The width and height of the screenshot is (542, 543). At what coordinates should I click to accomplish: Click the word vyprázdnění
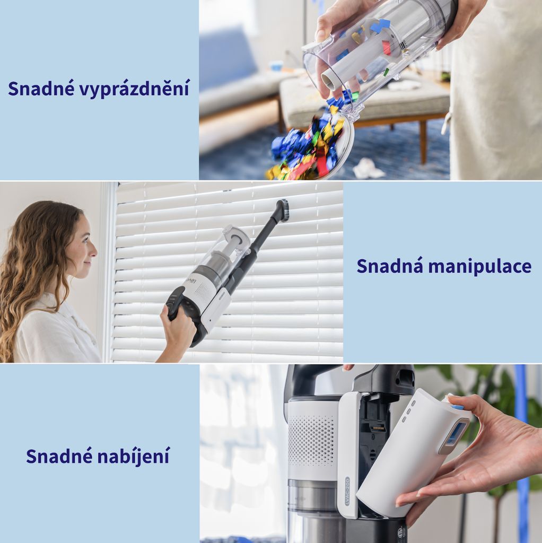click(x=134, y=89)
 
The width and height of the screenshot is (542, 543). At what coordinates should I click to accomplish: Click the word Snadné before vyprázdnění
click(x=41, y=88)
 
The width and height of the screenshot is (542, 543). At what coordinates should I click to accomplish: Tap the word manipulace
click(x=479, y=266)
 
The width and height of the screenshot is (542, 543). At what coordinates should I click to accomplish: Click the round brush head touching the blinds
click(x=284, y=210)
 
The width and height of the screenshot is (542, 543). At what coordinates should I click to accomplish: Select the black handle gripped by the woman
click(x=175, y=302)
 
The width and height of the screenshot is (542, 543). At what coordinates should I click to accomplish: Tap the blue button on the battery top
click(x=458, y=407)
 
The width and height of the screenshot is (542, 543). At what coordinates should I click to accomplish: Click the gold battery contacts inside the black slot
click(x=378, y=428)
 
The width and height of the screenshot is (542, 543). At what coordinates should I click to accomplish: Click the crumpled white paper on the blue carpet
click(x=368, y=169)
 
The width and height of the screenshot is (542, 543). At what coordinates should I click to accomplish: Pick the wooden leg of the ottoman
click(x=423, y=140)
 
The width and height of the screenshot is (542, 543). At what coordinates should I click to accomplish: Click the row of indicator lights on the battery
click(x=409, y=411)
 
